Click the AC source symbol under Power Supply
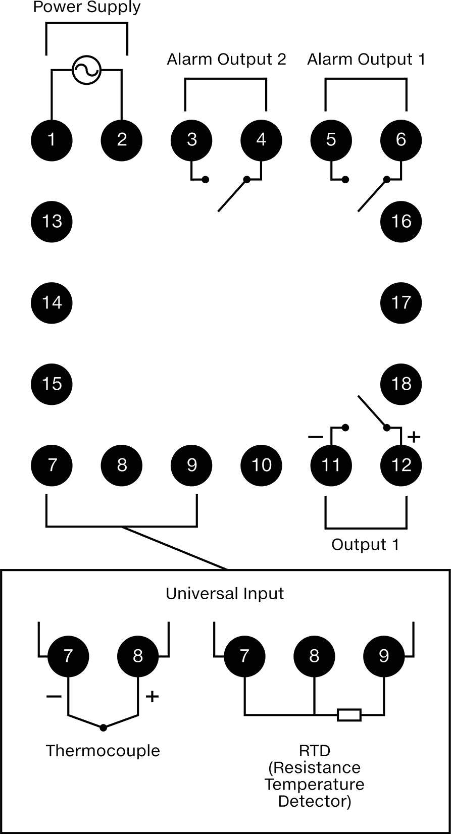[x=86, y=70]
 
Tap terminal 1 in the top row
[x=52, y=140]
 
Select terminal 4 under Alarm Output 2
[x=261, y=140]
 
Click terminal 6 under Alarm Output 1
[x=400, y=140]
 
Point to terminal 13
[x=52, y=222]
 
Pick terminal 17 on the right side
[x=400, y=303]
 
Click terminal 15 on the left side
[x=52, y=384]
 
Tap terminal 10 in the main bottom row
[x=261, y=465]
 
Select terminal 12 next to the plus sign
[x=400, y=465]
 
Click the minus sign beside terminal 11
[x=316, y=437]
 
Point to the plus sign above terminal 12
[x=414, y=437]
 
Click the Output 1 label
[x=365, y=545]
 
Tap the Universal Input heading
[x=225, y=594]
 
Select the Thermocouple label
[x=103, y=751]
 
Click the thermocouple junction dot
[x=103, y=727]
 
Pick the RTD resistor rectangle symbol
[x=349, y=715]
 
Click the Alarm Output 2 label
[x=226, y=59]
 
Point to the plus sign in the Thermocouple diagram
[x=152, y=696]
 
